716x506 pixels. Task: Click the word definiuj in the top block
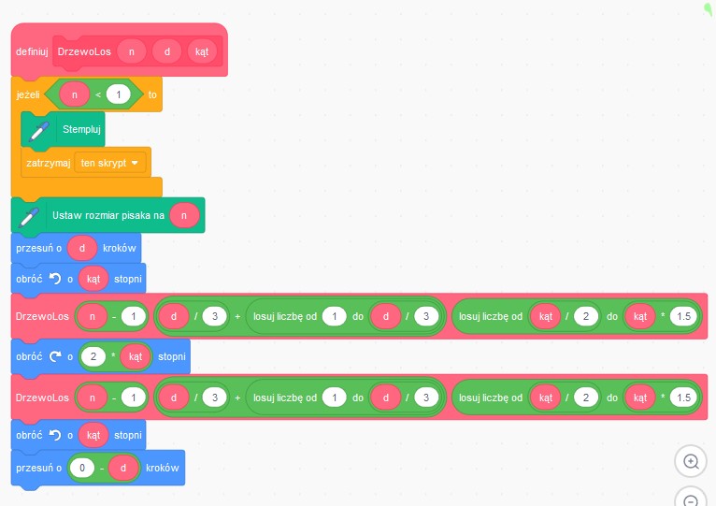click(32, 51)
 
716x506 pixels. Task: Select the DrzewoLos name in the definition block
click(84, 51)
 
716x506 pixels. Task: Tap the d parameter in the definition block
click(166, 51)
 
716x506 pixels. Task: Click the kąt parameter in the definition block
click(202, 51)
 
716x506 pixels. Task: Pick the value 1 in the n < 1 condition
click(119, 94)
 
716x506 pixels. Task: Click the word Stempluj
click(81, 129)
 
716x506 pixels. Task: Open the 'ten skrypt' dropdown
click(109, 163)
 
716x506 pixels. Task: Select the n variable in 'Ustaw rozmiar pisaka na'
click(184, 215)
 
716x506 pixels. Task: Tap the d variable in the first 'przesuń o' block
click(82, 248)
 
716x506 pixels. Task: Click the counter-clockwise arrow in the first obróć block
click(55, 279)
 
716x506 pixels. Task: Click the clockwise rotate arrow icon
click(55, 356)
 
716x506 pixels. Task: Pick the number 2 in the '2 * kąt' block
click(93, 356)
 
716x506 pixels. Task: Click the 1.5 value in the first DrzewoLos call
click(683, 316)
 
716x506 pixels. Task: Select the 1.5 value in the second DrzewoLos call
click(683, 398)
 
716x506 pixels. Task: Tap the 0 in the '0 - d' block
click(82, 468)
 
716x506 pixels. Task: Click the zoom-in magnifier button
click(691, 462)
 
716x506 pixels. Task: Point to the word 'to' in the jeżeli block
click(152, 94)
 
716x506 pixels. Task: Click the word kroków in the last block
click(162, 468)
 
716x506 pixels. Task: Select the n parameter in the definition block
click(132, 51)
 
